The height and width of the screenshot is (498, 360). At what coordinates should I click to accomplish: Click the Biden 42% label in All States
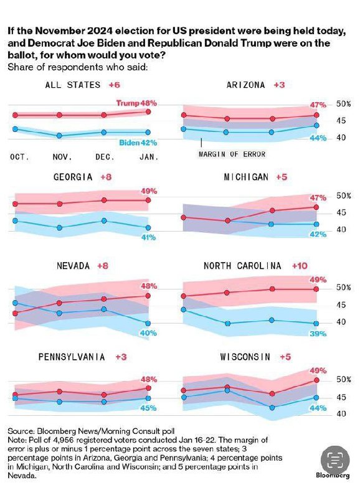pyautogui.click(x=138, y=142)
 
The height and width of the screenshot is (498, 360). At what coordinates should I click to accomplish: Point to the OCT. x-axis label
pyautogui.click(x=19, y=157)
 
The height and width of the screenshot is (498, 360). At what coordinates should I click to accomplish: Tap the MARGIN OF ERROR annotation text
pyautogui.click(x=232, y=154)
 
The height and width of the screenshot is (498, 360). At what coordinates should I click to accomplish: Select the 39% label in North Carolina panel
pyautogui.click(x=318, y=334)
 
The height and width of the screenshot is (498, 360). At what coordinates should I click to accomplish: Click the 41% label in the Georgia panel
pyautogui.click(x=148, y=237)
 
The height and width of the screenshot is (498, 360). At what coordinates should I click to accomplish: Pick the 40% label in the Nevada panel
pyautogui.click(x=148, y=333)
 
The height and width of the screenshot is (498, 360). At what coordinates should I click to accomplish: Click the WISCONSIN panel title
pyautogui.click(x=245, y=357)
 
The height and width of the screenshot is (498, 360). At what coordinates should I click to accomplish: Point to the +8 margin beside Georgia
pyautogui.click(x=107, y=177)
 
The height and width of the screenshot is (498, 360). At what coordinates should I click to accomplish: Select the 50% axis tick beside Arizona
pyautogui.click(x=344, y=104)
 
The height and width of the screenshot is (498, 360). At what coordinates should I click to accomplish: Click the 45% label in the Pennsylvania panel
pyautogui.click(x=148, y=408)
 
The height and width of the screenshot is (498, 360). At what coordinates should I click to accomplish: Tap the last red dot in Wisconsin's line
pyautogui.click(x=317, y=380)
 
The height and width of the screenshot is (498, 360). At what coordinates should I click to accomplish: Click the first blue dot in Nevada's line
pyautogui.click(x=15, y=303)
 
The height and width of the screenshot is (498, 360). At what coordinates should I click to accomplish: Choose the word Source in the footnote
pyautogui.click(x=21, y=431)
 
